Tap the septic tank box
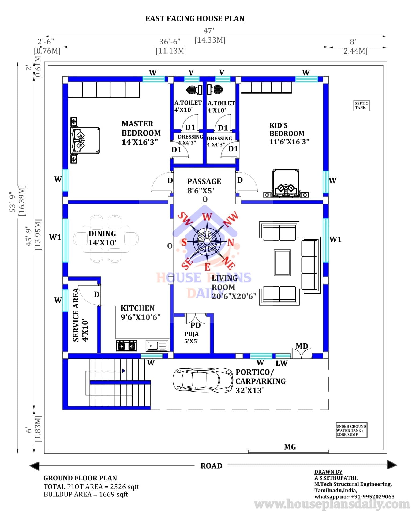(x=361, y=105)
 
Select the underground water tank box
(x=351, y=430)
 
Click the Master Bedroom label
(x=141, y=133)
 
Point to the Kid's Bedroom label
(x=289, y=133)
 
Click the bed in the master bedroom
(x=85, y=140)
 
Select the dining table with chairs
(x=106, y=239)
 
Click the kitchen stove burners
(x=126, y=346)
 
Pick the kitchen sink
(x=157, y=346)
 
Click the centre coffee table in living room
(x=282, y=263)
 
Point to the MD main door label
(x=302, y=346)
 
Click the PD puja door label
(x=196, y=325)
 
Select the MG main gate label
(x=290, y=447)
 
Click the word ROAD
(x=211, y=466)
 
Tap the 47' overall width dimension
(x=209, y=31)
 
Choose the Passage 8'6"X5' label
(x=204, y=186)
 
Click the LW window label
(x=282, y=363)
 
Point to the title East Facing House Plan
(x=195, y=18)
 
